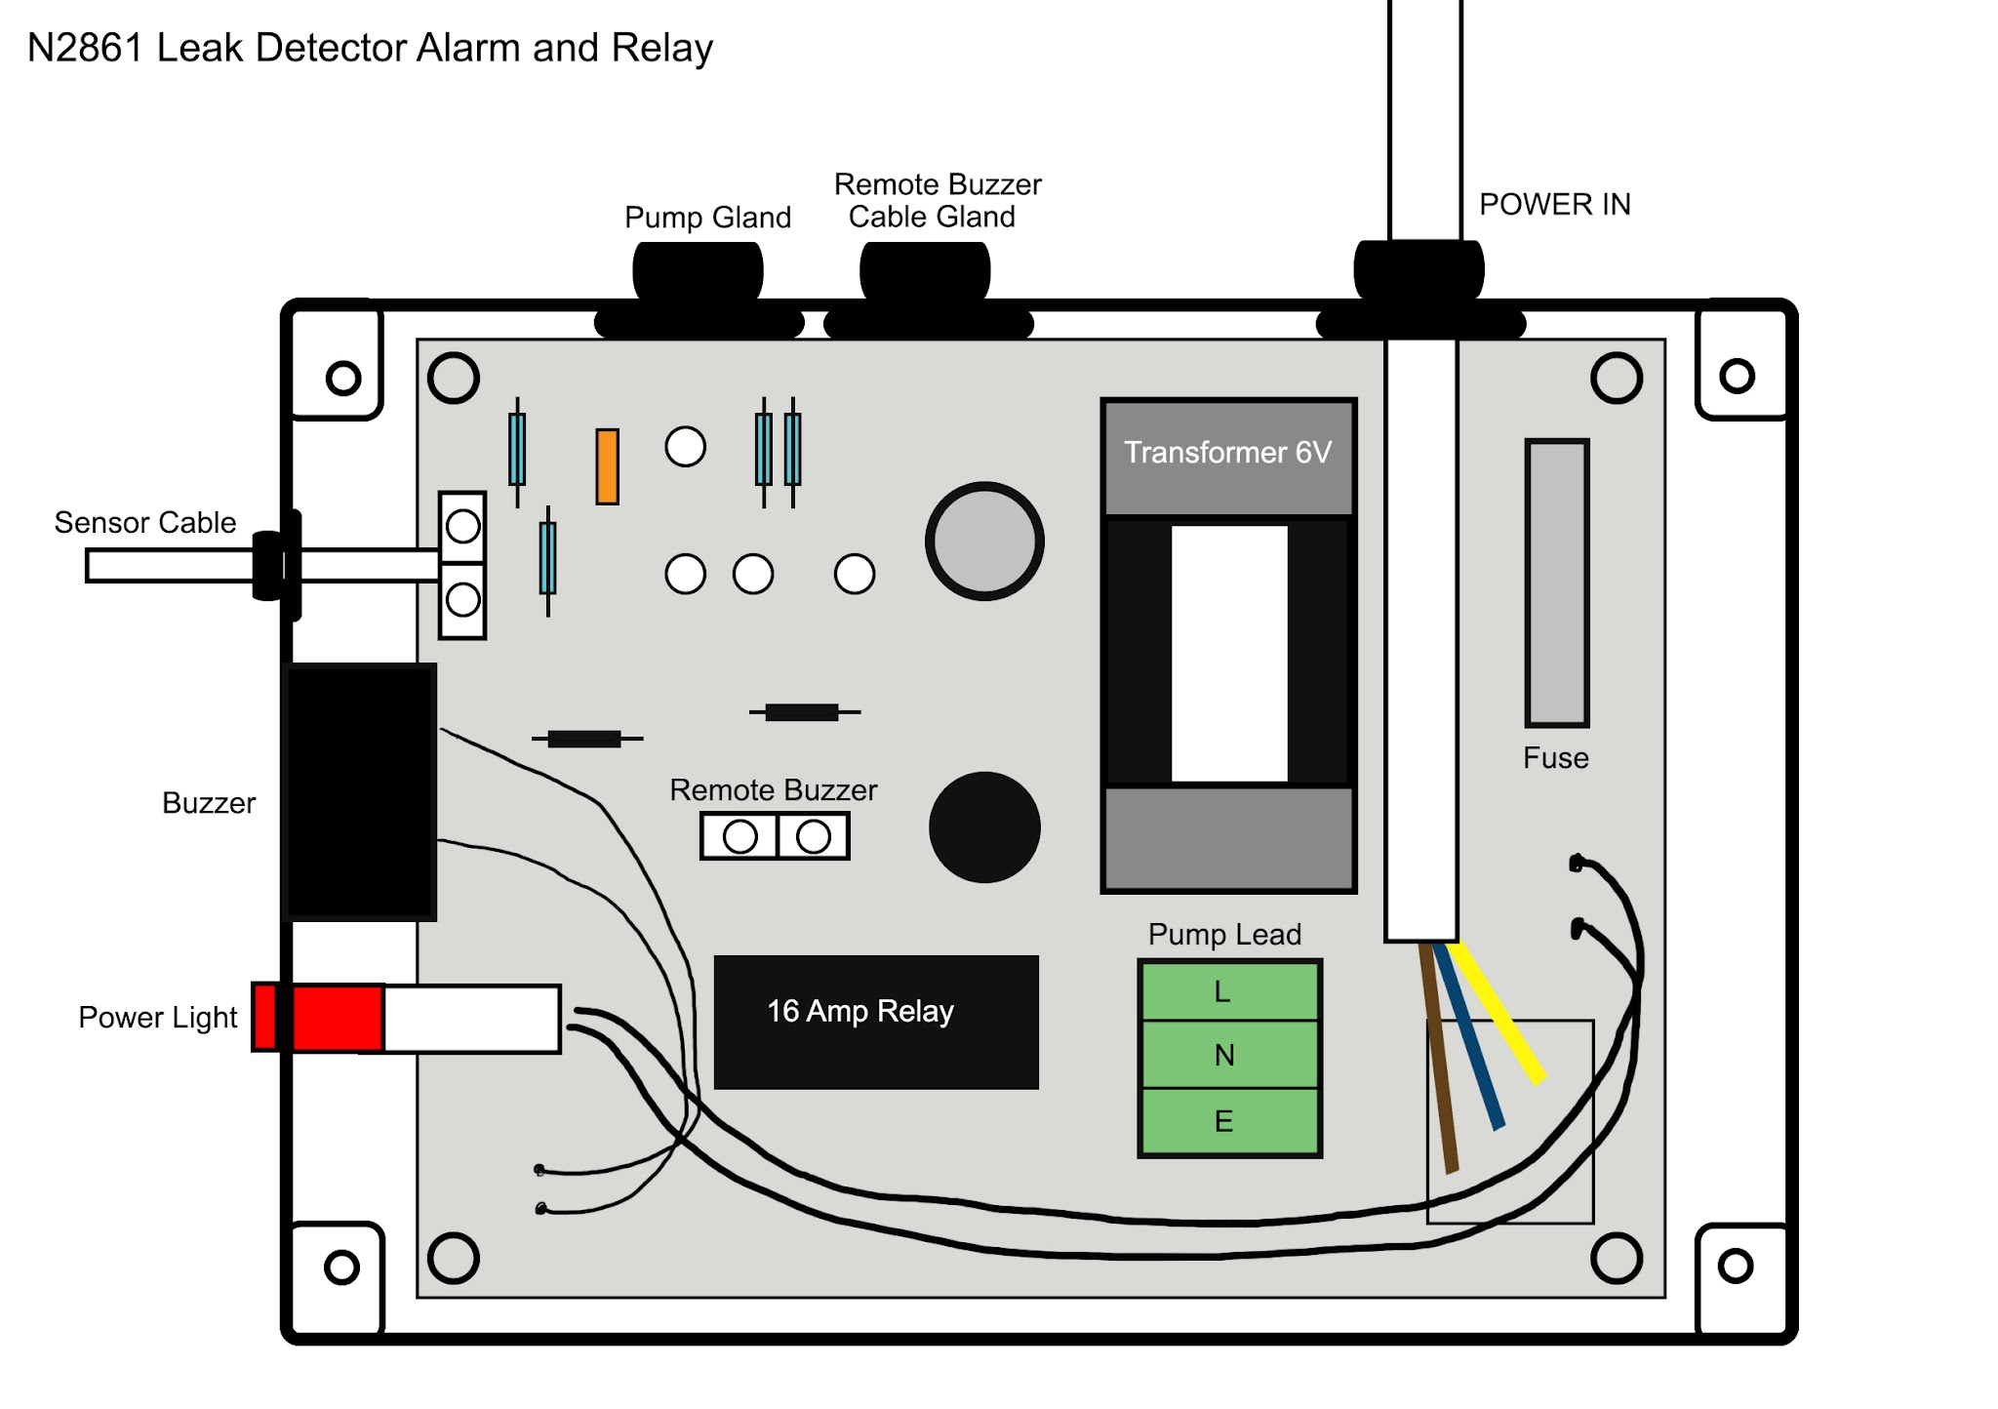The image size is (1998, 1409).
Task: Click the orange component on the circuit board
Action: click(x=607, y=466)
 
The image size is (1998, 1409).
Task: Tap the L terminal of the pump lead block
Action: click(x=1229, y=991)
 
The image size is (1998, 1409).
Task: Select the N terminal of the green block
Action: click(x=1229, y=1055)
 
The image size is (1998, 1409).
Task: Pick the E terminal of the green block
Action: click(x=1229, y=1121)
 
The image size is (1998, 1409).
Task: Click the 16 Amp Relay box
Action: click(x=875, y=1022)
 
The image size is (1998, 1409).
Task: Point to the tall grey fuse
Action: click(x=1556, y=583)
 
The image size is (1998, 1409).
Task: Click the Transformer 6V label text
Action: click(x=1227, y=453)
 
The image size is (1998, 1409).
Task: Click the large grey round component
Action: click(x=984, y=541)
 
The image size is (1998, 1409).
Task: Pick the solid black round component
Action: click(x=984, y=827)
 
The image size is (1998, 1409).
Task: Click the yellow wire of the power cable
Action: click(x=1498, y=1015)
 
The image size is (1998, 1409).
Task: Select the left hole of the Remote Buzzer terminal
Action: click(x=739, y=836)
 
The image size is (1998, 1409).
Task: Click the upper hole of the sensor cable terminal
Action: click(x=462, y=527)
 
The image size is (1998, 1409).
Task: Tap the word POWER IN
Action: click(x=1554, y=204)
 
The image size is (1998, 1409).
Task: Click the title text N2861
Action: click(x=86, y=48)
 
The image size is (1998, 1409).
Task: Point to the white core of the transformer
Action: click(x=1228, y=654)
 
